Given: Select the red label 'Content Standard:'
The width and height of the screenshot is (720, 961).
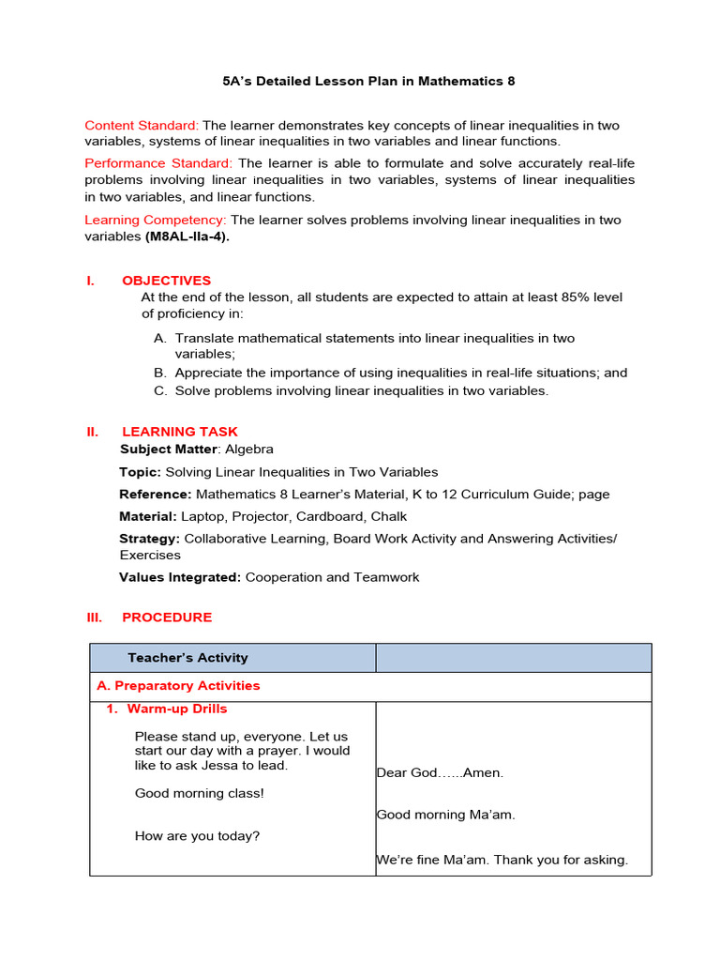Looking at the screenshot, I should coord(142,126).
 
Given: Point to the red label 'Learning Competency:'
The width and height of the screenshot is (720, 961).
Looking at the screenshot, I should coord(156,220).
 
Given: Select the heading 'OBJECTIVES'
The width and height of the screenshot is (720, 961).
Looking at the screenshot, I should coord(166,281).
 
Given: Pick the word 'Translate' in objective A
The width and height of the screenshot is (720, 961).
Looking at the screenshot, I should coord(203,338).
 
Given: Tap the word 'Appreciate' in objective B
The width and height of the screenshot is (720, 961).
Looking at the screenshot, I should coord(208,373).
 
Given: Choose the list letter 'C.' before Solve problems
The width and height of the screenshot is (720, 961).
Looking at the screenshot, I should coord(160,390).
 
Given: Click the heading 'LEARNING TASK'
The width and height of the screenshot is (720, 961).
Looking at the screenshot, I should coord(180,432).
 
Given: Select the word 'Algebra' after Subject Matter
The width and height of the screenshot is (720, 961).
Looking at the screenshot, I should coord(249,450).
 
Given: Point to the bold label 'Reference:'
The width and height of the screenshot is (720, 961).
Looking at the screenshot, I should coord(156,494).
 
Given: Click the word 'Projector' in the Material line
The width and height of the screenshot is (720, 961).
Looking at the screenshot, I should coord(262,516).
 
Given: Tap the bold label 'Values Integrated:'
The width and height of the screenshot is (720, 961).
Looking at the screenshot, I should coord(180,577).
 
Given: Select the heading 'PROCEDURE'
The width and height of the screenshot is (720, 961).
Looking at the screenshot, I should coord(167,618).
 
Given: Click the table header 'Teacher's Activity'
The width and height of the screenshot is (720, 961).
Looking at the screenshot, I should coord(187,658).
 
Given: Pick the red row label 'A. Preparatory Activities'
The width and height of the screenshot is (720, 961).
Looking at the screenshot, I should coord(178,686).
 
